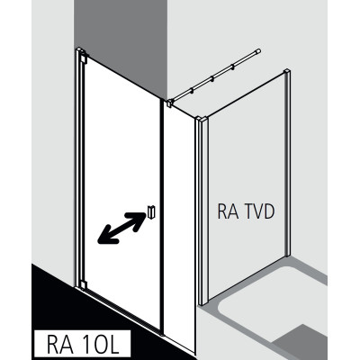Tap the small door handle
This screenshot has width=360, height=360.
(151, 211)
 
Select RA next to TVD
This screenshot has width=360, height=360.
(228, 211)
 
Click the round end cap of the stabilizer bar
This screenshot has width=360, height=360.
(258, 51)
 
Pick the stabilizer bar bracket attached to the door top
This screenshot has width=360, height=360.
(169, 103)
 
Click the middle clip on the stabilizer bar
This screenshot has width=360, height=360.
(212, 79)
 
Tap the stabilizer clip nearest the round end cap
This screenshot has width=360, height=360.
(232, 67)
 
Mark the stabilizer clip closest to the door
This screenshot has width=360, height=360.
(192, 91)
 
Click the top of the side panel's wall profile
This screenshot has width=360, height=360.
(288, 72)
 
